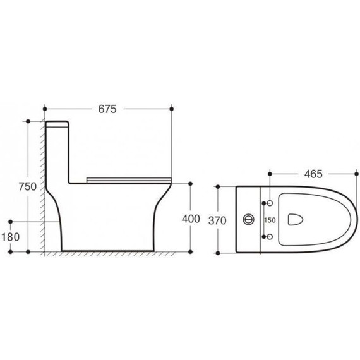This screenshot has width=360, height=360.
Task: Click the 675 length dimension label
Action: [x=107, y=109]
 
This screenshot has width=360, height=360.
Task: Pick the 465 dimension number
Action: [x=310, y=172]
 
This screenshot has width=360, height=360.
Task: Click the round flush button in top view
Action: [x=248, y=220]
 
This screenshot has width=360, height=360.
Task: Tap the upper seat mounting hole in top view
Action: [x=269, y=203]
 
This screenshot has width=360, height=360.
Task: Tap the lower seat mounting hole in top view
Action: [x=269, y=237]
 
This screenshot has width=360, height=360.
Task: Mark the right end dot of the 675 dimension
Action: [x=172, y=109]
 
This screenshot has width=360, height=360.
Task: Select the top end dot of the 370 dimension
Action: [x=218, y=186]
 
